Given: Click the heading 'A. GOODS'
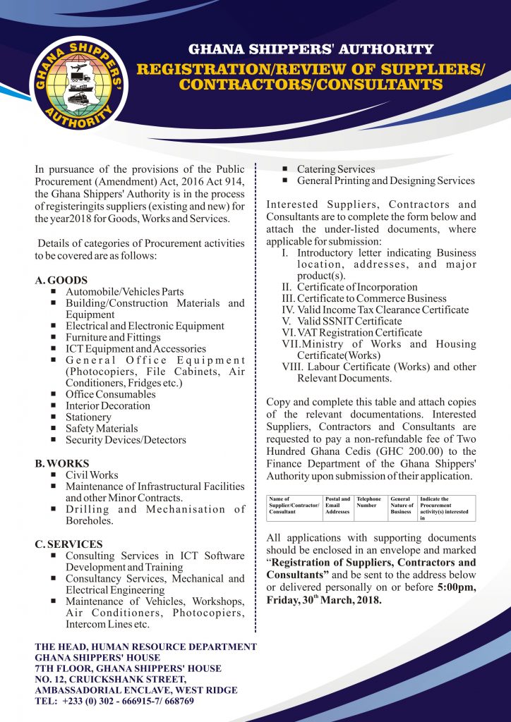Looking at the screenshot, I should click(x=61, y=280).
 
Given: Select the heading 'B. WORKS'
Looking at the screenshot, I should click(x=62, y=463).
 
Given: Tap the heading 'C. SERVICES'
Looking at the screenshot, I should click(x=68, y=544).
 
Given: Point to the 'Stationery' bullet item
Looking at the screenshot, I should click(x=88, y=417).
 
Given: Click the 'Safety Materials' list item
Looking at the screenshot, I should click(x=101, y=428).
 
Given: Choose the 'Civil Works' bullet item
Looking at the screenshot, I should click(x=92, y=475).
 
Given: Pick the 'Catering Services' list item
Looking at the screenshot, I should click(x=336, y=169).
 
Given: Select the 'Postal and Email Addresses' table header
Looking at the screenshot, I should click(x=338, y=505).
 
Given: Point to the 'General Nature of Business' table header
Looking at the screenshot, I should click(x=402, y=505).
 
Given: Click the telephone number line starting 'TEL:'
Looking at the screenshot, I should click(x=114, y=701).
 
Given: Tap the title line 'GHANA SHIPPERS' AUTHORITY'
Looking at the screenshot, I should click(x=311, y=49).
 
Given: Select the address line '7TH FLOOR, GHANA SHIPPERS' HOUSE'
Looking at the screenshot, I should click(x=128, y=668).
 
